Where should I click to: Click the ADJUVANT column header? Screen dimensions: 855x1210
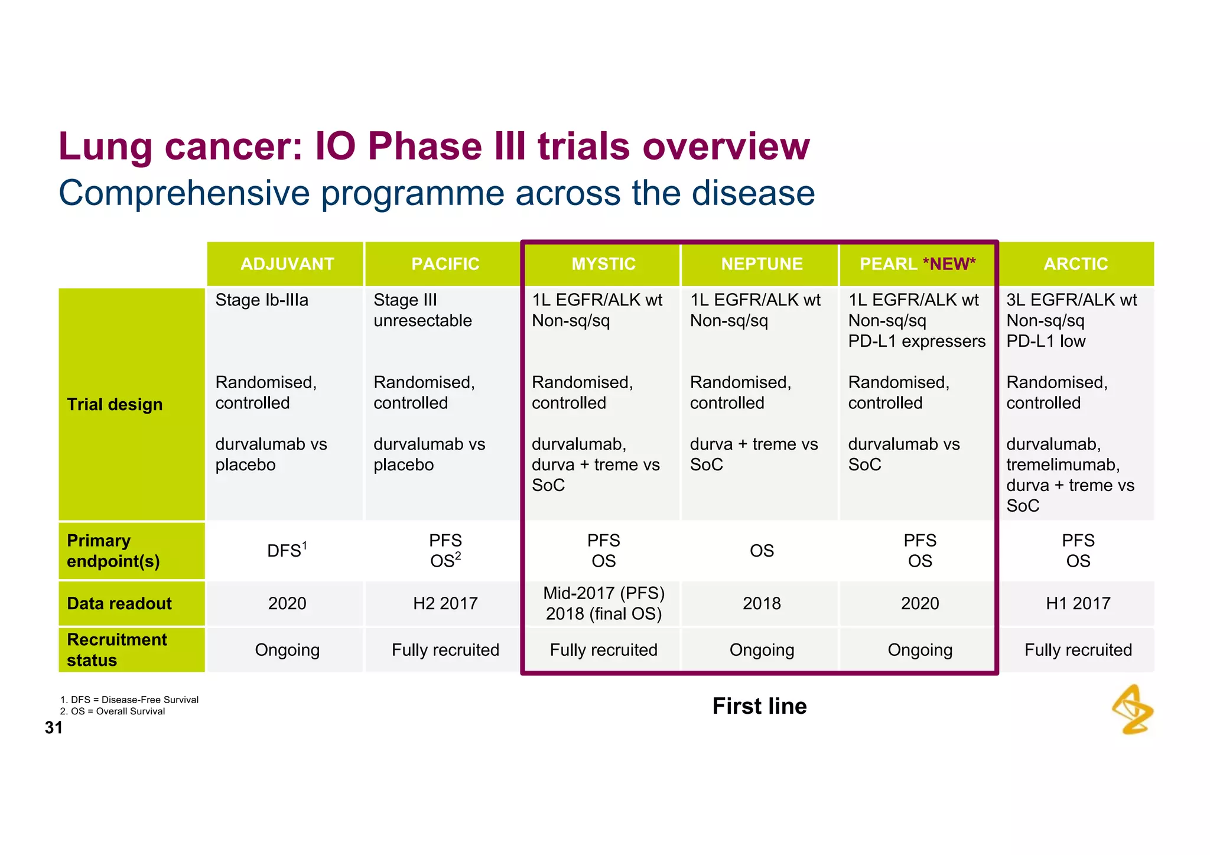[x=287, y=264]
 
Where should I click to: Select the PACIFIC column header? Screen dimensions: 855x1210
[x=445, y=264]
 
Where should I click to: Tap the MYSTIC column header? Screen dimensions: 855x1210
[x=603, y=264]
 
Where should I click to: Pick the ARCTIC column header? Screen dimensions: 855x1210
[x=1075, y=264]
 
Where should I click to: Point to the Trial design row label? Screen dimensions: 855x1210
[x=115, y=405]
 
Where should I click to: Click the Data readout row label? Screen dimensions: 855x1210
[x=119, y=603]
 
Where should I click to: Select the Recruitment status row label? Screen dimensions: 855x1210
[x=117, y=649]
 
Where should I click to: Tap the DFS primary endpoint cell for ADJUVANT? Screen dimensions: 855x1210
[x=287, y=551]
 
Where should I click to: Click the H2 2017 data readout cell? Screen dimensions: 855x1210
[x=445, y=603]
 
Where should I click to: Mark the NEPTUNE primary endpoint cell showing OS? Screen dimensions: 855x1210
[x=762, y=551]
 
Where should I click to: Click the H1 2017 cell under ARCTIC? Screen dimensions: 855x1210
[x=1078, y=603]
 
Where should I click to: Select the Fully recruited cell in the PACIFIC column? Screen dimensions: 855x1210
[x=445, y=650]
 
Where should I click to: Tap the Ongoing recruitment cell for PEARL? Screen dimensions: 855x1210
[x=920, y=650]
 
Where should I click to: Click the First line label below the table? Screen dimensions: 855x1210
[x=759, y=706]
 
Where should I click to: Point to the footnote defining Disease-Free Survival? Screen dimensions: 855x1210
[x=129, y=700]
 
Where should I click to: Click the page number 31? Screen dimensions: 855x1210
[x=53, y=727]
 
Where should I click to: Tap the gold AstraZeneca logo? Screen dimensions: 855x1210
[x=1133, y=709]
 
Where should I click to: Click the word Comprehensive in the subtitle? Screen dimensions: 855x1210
[x=184, y=193]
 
